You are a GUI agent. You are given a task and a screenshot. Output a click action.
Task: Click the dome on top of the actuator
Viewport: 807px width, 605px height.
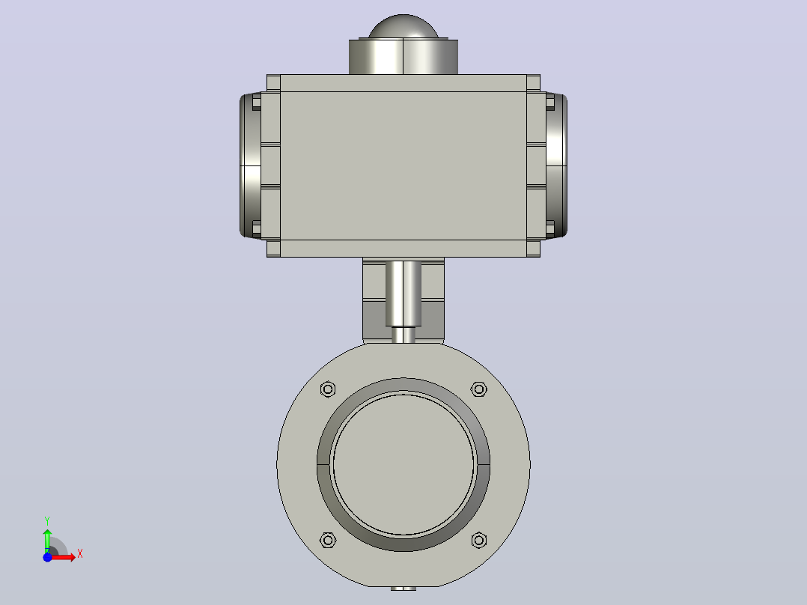(x=403, y=26)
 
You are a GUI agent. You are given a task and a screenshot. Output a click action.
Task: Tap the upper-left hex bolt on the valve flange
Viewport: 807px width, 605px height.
(x=328, y=389)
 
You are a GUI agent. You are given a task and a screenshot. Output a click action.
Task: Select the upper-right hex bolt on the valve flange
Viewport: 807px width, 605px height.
(x=479, y=389)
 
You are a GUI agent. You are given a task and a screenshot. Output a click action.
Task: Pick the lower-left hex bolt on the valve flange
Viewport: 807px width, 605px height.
(x=328, y=540)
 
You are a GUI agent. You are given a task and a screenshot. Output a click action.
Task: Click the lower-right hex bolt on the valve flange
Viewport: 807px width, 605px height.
(x=479, y=540)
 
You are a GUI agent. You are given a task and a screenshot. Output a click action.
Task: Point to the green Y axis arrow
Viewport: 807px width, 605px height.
(x=47, y=541)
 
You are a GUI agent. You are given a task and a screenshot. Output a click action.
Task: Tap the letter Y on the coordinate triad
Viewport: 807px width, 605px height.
(x=47, y=521)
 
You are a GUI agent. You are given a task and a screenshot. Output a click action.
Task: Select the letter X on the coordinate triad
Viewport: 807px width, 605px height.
(x=80, y=554)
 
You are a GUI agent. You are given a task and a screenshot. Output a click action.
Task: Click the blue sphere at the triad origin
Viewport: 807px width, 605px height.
(x=47, y=557)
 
